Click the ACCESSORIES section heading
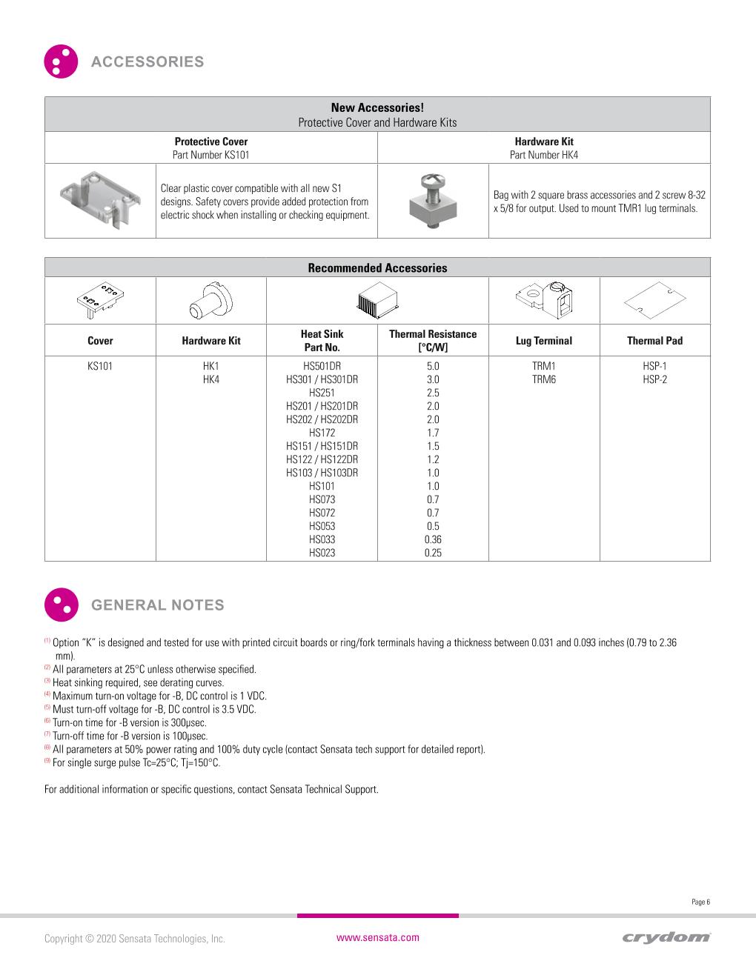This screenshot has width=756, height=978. (147, 61)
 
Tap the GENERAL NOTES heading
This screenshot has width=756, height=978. (156, 605)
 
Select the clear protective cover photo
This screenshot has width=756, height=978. (100, 200)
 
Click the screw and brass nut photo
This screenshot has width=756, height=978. (432, 201)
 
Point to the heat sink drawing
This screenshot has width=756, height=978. (378, 301)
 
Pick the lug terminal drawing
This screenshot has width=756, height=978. (543, 299)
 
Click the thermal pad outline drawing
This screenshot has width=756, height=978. (654, 300)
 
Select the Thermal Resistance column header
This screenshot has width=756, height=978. (433, 341)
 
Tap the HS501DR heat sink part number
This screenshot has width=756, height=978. (322, 366)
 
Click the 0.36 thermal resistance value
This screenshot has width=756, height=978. (433, 539)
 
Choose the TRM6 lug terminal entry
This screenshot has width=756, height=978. (543, 379)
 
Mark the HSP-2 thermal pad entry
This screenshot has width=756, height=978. (654, 379)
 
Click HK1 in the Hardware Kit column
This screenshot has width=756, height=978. (211, 366)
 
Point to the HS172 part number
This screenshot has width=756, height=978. (322, 433)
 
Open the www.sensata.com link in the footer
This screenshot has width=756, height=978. (378, 937)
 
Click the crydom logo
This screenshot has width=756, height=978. (666, 937)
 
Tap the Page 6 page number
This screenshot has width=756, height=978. (700, 902)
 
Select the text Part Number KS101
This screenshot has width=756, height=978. (211, 155)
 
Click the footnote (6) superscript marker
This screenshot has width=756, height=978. (47, 721)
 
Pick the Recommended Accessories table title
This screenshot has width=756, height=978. (377, 268)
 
